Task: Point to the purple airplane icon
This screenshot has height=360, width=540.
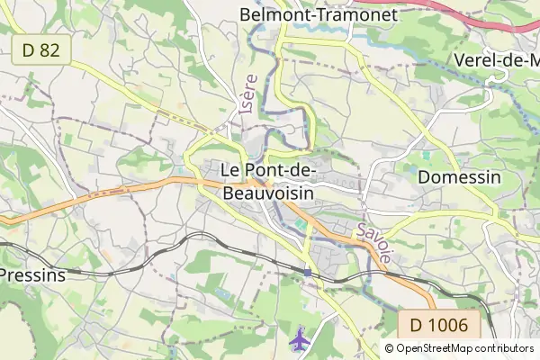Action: (299, 340)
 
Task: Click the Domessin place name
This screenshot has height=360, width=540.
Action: (459, 177)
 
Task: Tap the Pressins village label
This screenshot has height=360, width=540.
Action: (32, 274)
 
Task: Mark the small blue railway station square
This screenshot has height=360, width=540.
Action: (308, 272)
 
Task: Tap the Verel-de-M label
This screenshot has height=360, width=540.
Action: (498, 59)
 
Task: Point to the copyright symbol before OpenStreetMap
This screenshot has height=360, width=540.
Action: (390, 348)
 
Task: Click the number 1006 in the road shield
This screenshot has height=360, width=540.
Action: (447, 324)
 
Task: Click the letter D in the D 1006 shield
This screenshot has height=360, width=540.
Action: (417, 324)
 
